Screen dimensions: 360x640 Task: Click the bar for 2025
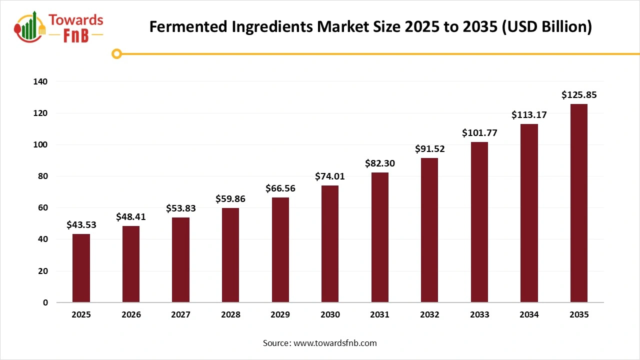click(x=81, y=268)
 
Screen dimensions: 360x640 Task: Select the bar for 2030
click(x=330, y=244)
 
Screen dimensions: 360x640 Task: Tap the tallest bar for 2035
click(x=579, y=203)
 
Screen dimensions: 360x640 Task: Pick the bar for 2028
click(x=230, y=255)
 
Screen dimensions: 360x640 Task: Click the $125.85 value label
click(x=579, y=95)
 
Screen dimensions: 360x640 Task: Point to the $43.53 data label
click(x=81, y=225)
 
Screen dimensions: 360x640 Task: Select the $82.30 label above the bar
click(x=379, y=163)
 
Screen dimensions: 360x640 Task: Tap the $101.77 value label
click(x=479, y=133)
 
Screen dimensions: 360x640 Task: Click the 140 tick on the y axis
click(x=41, y=81)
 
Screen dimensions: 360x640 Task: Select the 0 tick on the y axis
click(x=45, y=302)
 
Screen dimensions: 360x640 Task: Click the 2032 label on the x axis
click(x=429, y=314)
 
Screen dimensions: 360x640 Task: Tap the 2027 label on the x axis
click(x=180, y=314)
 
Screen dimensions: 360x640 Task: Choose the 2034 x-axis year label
click(x=529, y=314)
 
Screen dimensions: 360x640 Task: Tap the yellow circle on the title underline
click(x=117, y=53)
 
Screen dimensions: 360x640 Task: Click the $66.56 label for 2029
click(x=280, y=188)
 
